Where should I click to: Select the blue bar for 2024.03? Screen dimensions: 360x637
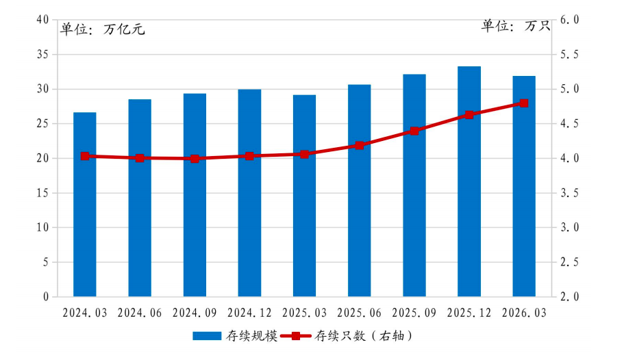click(85, 205)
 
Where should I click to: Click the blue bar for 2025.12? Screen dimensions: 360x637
click(469, 181)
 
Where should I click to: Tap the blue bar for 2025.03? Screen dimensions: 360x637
click(304, 196)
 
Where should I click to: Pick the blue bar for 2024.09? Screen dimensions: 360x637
click(195, 195)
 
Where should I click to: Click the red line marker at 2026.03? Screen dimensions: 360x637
click(524, 103)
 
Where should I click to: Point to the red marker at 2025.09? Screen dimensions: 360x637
click(414, 131)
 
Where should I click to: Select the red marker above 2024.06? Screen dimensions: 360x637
click(140, 158)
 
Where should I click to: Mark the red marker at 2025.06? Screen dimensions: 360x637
click(360, 145)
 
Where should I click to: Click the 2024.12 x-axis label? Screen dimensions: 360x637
click(249, 313)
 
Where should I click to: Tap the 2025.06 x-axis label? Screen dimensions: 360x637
click(360, 313)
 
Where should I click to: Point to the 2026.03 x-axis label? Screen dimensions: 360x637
click(524, 313)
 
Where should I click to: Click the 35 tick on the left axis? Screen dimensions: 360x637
click(42, 55)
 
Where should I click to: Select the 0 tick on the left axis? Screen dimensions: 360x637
click(46, 297)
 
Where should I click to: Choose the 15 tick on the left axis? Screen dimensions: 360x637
click(42, 193)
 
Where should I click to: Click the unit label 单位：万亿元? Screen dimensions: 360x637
click(103, 29)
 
